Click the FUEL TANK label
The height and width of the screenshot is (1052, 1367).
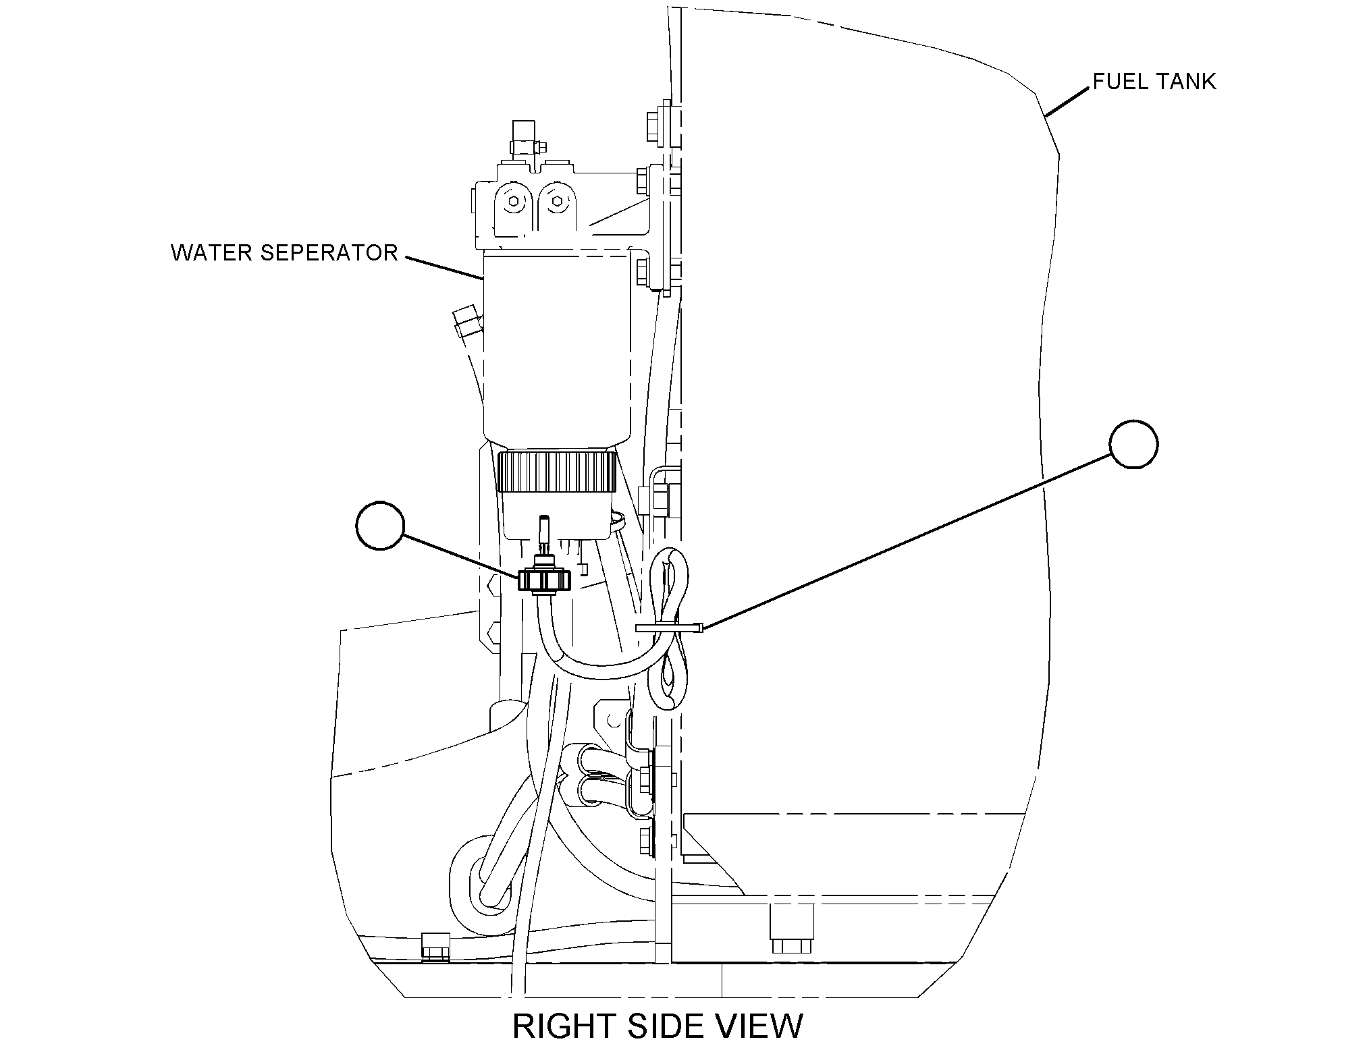coord(1154,82)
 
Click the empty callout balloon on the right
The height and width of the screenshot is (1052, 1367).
coord(1134,444)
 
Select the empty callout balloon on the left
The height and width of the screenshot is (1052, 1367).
coord(380,526)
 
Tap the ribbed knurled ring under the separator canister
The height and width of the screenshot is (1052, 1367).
coord(558,472)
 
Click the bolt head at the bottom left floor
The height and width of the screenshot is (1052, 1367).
coord(436,946)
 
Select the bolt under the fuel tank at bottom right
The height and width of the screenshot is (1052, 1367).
coord(792,929)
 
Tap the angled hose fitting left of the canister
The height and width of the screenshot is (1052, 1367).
coord(466,321)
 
